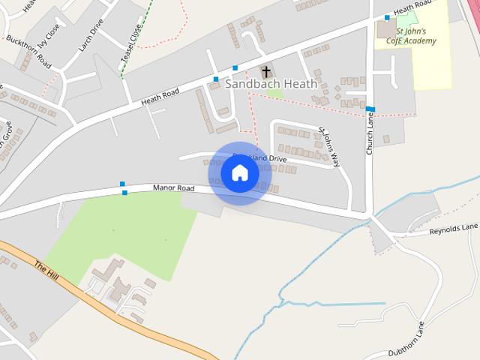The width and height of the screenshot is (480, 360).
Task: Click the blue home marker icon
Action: click(240, 173)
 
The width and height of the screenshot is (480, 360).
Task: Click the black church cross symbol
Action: click(265, 72)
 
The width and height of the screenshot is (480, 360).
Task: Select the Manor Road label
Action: click(173, 188)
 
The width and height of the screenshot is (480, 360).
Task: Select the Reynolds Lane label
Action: click(453, 228)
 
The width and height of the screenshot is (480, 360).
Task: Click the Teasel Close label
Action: click(131, 44)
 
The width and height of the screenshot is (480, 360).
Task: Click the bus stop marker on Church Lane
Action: click(370, 109)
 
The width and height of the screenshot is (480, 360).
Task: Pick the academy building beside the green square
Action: click(386, 29)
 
